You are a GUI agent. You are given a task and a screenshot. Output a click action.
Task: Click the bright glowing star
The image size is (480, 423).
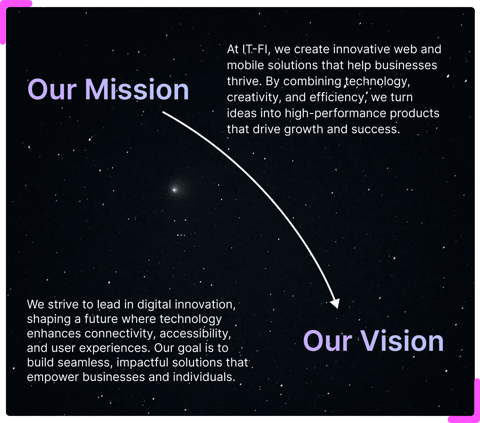click(x=174, y=190)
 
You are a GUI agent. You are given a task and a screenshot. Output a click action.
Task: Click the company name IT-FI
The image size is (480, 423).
click(x=254, y=49)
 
